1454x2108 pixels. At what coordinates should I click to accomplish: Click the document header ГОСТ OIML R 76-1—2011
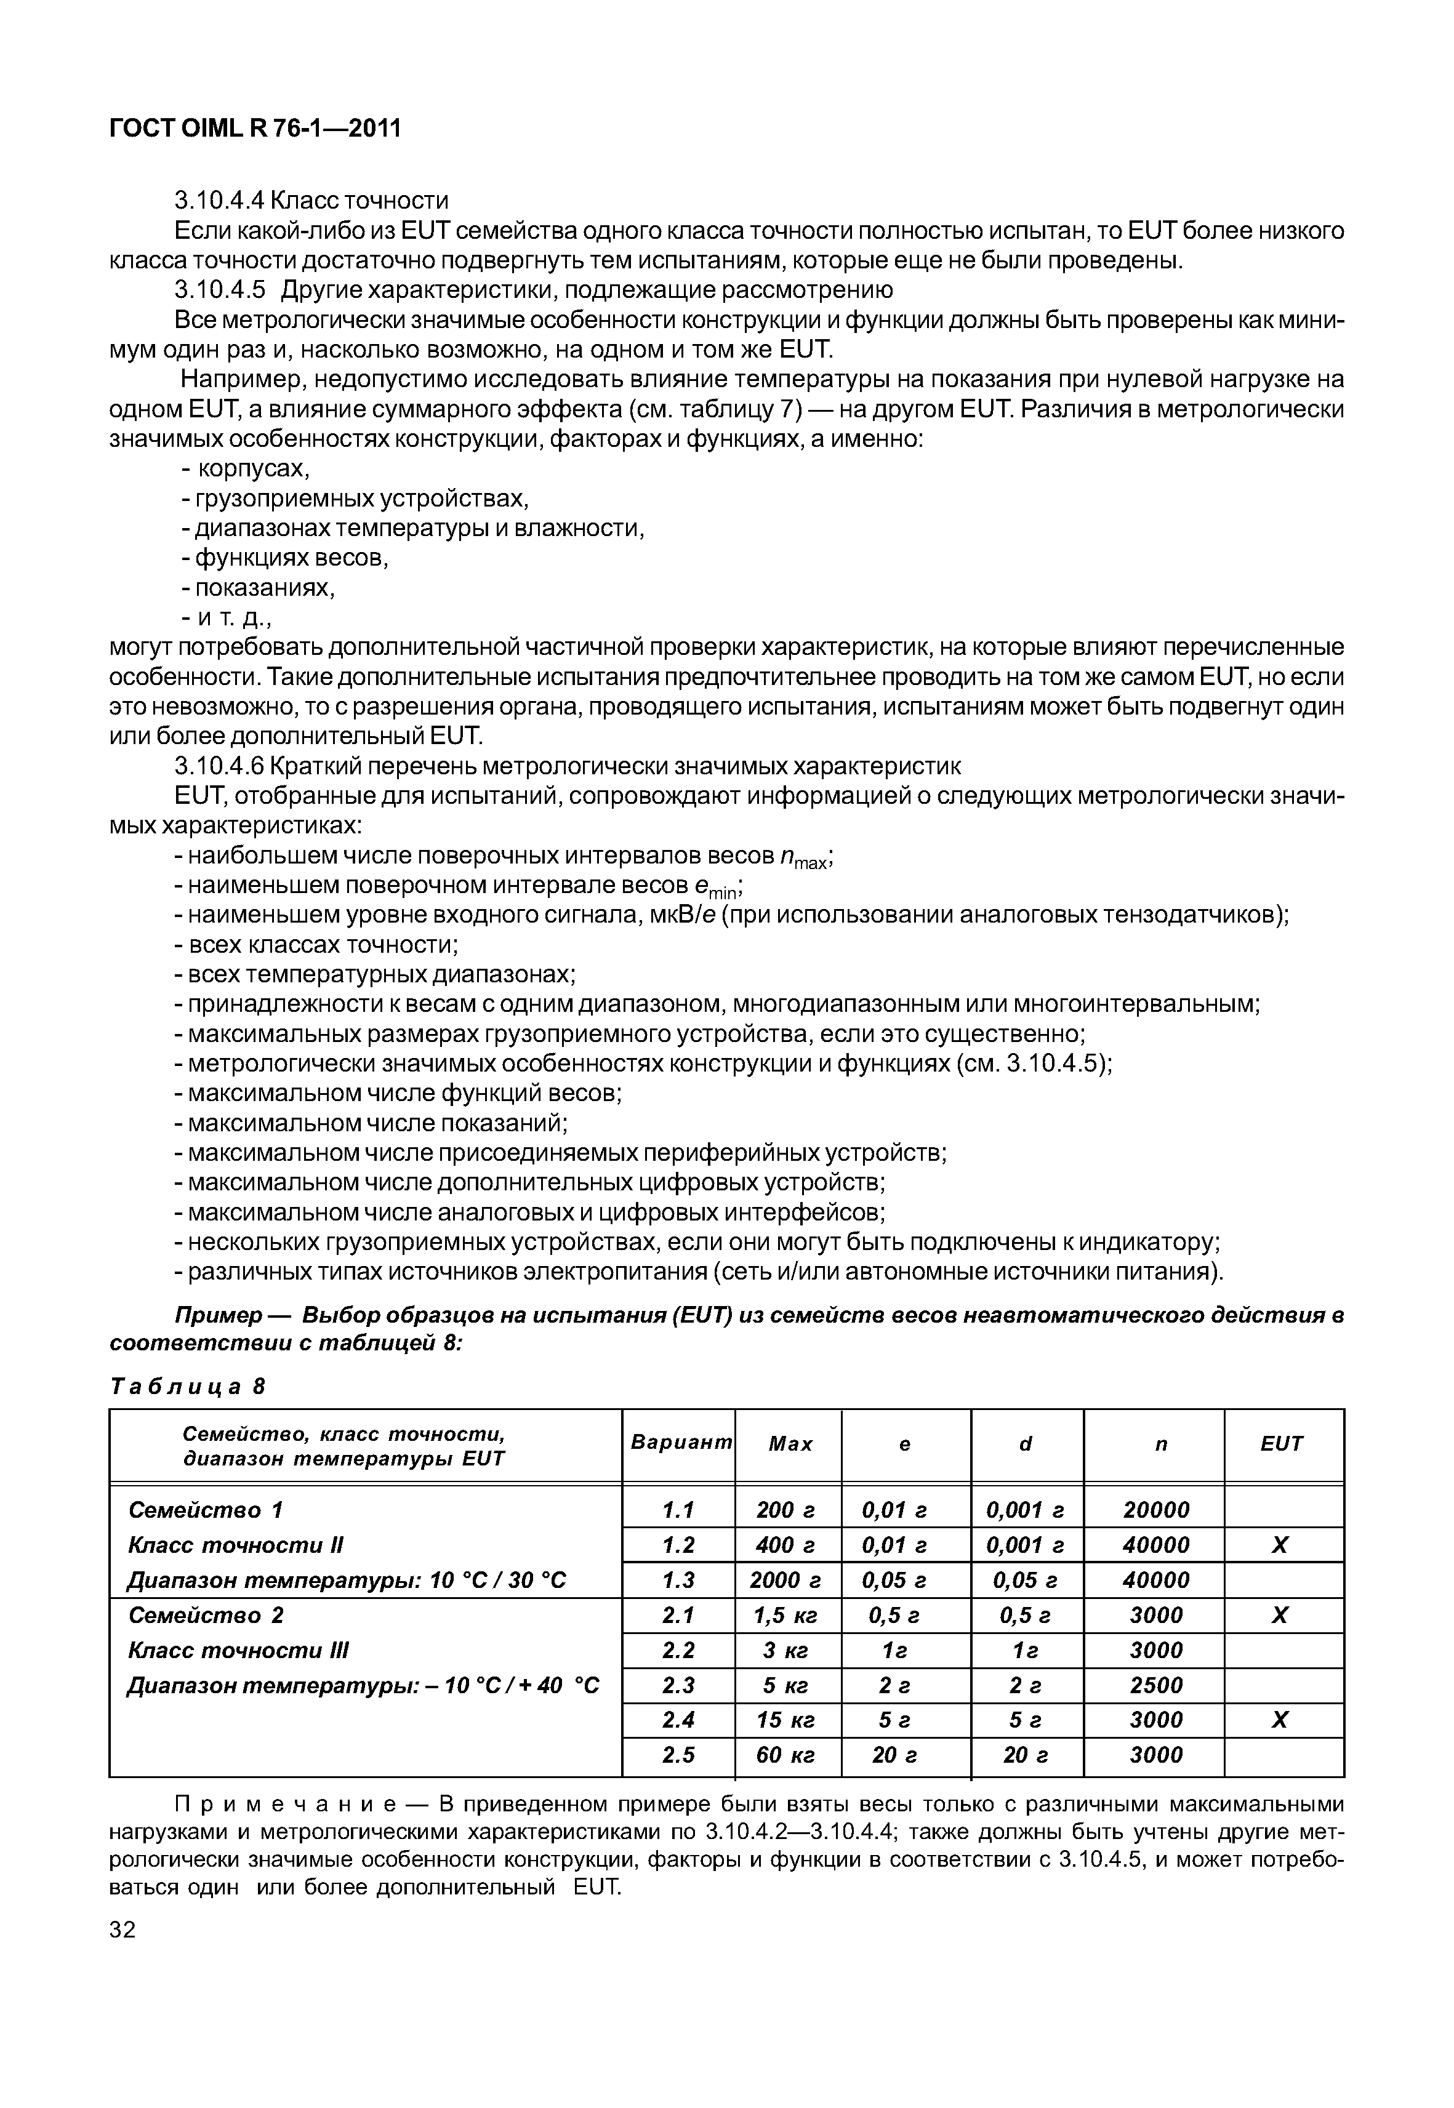[254, 129]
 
